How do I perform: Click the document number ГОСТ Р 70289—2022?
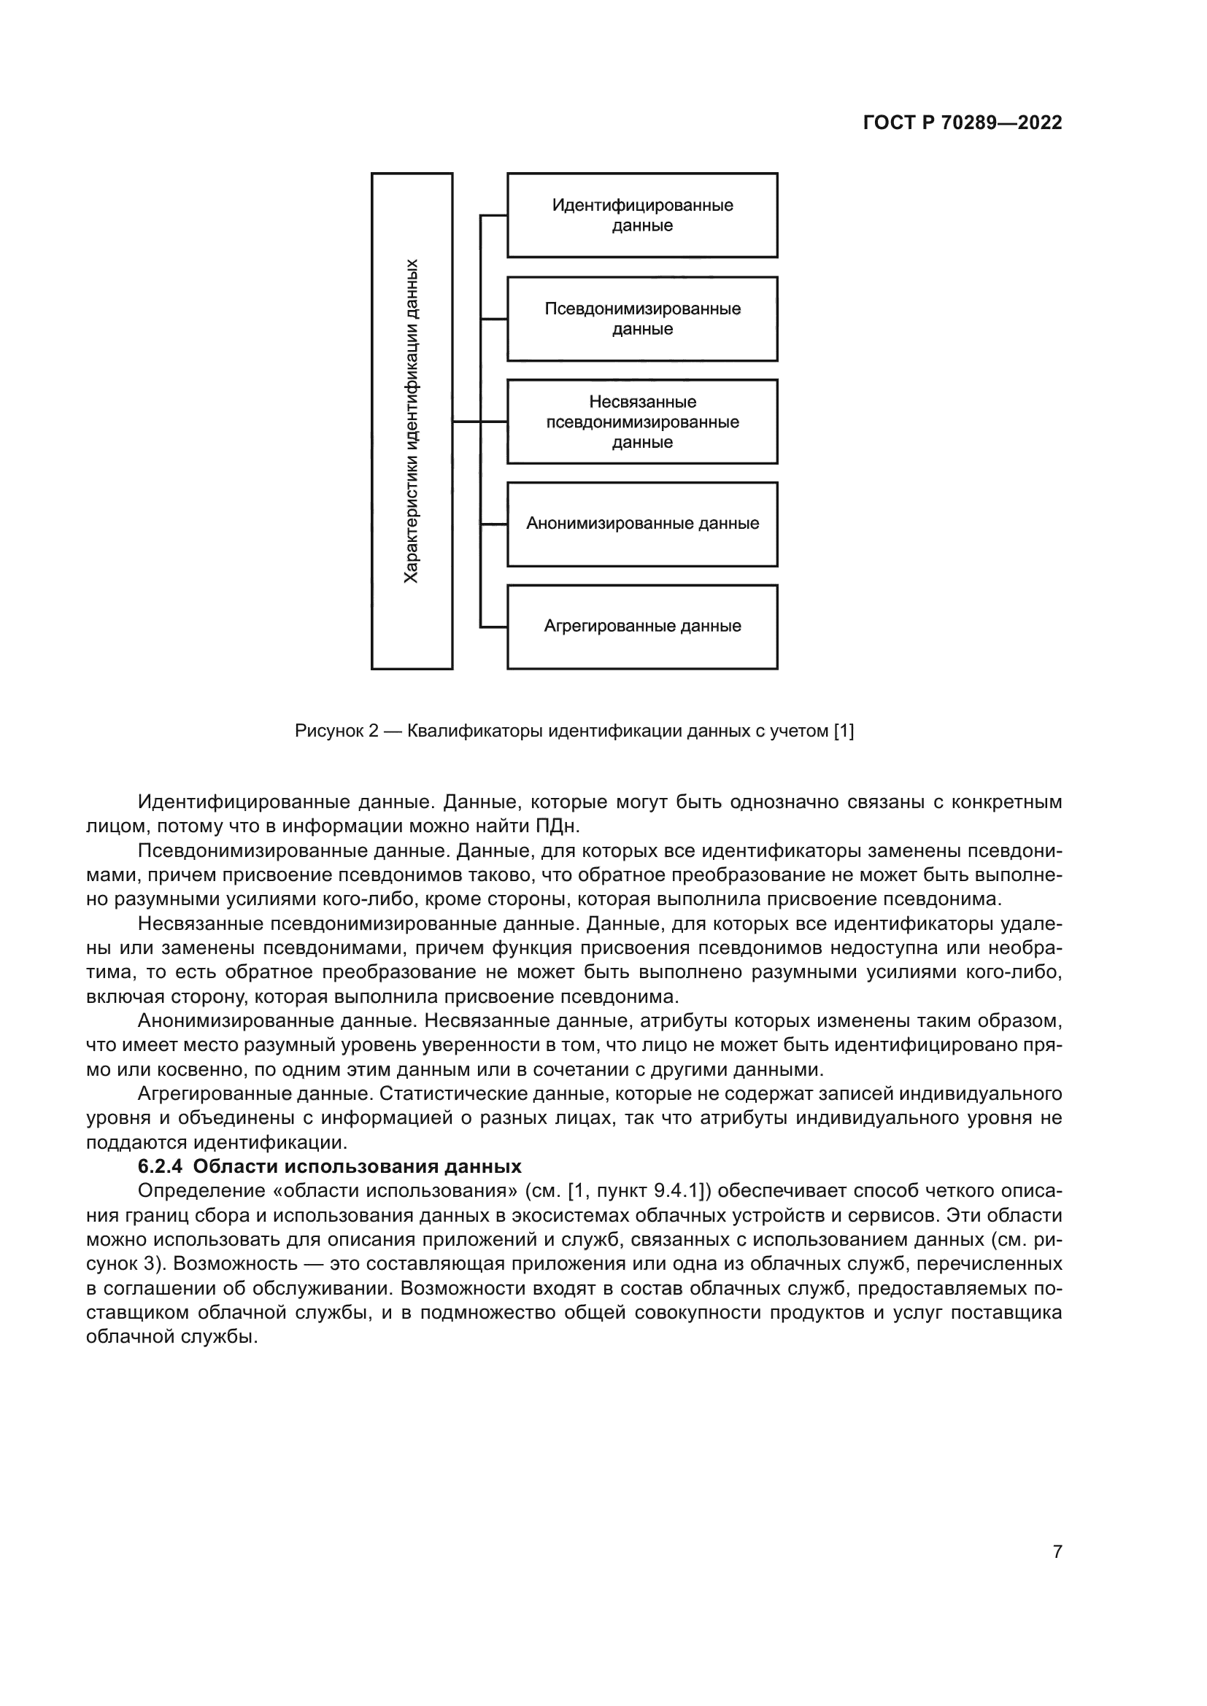[963, 123]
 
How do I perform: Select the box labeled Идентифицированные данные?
[642, 215]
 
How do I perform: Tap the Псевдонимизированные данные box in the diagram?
[642, 319]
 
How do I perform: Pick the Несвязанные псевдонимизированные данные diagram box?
[642, 422]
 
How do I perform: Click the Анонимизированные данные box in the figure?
[642, 524]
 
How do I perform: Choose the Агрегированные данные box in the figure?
[642, 627]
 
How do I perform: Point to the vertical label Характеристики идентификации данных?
[411, 422]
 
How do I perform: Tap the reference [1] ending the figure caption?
[844, 731]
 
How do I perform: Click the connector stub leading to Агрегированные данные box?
[493, 627]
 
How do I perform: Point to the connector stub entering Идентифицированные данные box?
[493, 215]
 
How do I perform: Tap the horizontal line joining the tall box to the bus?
[466, 422]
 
